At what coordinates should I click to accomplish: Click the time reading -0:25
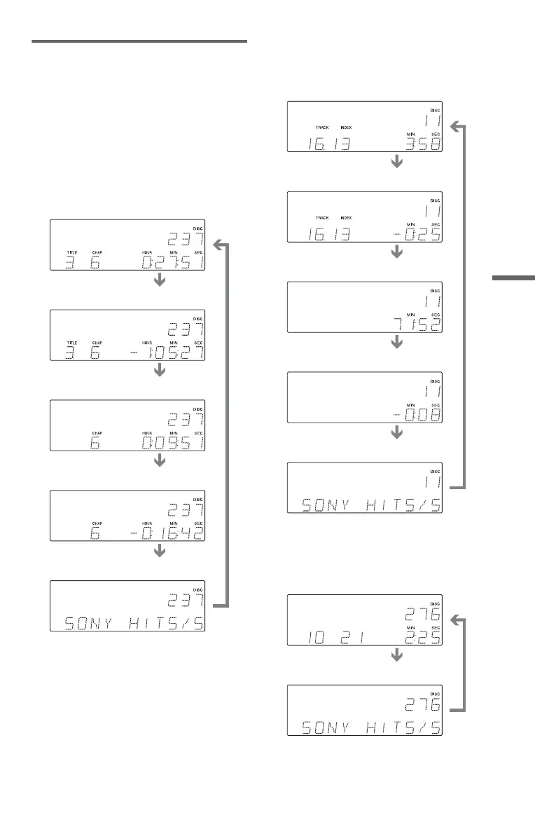point(413,235)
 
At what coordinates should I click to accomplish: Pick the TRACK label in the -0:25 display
point(322,219)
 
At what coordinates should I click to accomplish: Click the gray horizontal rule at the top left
point(139,42)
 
